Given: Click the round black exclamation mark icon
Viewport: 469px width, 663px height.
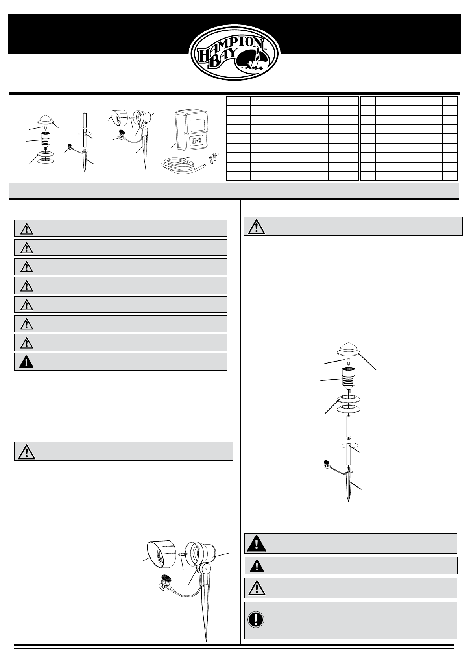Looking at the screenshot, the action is pos(255,619).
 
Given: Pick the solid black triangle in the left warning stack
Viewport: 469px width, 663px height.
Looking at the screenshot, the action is pos(26,362).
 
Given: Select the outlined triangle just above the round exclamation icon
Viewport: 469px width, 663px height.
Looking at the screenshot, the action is pos(257,588).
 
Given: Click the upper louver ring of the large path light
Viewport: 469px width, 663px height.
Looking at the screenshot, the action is pos(349,399).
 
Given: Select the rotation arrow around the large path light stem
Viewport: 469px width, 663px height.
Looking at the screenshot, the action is pos(349,445).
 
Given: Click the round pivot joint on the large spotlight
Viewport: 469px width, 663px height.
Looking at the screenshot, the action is pos(205,569).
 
